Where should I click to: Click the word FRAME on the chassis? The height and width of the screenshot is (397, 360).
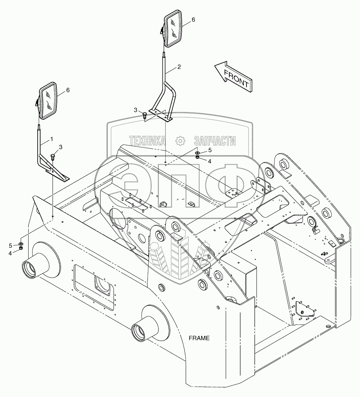pyautogui.click(x=199, y=338)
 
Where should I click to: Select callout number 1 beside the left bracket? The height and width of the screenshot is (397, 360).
pyautogui.click(x=52, y=139)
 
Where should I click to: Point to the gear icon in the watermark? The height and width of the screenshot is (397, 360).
pyautogui.click(x=179, y=141)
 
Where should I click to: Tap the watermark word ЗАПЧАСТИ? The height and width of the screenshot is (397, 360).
pyautogui.click(x=215, y=141)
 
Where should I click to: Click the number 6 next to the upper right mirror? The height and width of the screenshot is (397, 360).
pyautogui.click(x=193, y=20)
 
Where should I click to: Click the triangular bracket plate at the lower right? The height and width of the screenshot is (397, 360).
pyautogui.click(x=303, y=310)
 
